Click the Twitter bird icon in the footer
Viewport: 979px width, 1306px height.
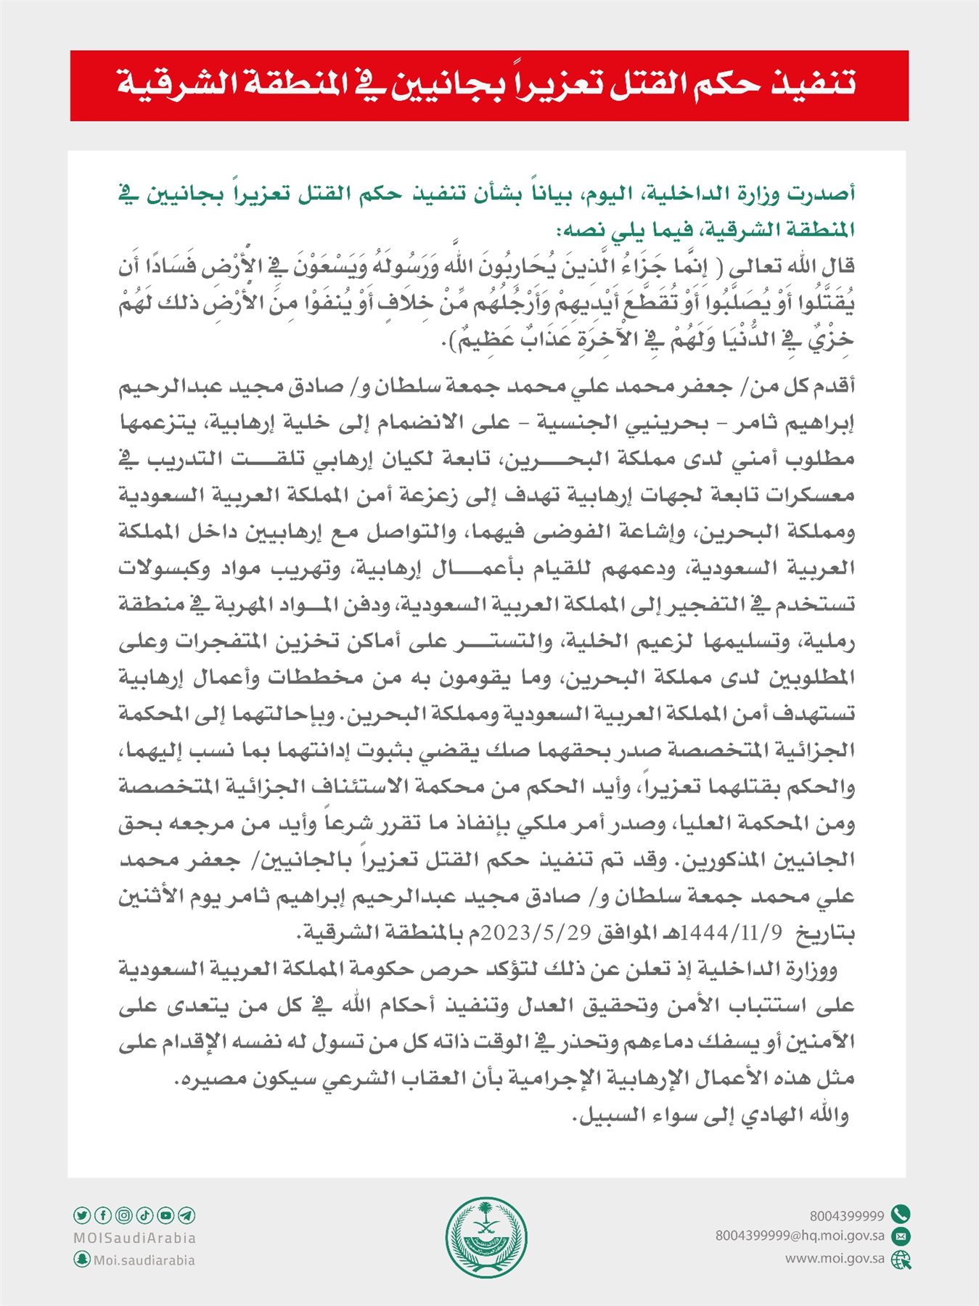pyautogui.click(x=82, y=1215)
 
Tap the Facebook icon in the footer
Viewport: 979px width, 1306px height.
pyautogui.click(x=103, y=1215)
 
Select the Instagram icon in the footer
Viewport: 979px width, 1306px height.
pyautogui.click(x=124, y=1215)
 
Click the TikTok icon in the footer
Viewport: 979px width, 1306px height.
pyautogui.click(x=144, y=1215)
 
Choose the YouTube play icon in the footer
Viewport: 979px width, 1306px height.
pyautogui.click(x=165, y=1215)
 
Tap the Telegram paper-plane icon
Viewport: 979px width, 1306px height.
pyautogui.click(x=187, y=1215)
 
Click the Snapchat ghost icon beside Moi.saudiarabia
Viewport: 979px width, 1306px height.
pyautogui.click(x=82, y=1260)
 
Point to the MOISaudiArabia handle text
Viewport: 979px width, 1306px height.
pyautogui.click(x=135, y=1238)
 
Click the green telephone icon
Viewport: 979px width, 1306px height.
pyautogui.click(x=901, y=1214)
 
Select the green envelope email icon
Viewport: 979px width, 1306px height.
pyautogui.click(x=901, y=1236)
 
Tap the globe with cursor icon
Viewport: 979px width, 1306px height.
pyautogui.click(x=901, y=1260)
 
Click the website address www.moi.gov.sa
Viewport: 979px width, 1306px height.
pyautogui.click(x=835, y=1259)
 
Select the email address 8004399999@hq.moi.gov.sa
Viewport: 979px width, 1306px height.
pyautogui.click(x=800, y=1236)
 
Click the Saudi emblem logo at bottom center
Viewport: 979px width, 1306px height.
pyautogui.click(x=486, y=1237)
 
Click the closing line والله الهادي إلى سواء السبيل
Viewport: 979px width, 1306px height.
pyautogui.click(x=711, y=1115)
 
